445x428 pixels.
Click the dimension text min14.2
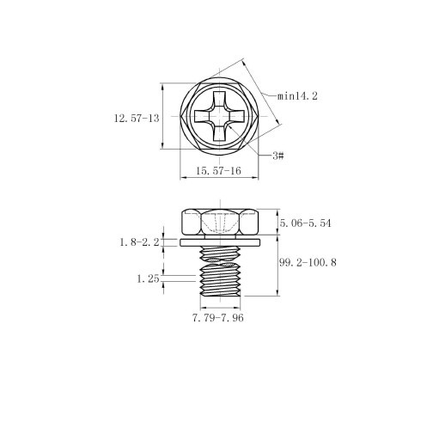tap(297, 96)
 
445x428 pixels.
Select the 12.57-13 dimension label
tap(137, 119)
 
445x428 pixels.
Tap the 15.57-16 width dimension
tap(218, 171)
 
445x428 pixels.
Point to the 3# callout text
tap(278, 156)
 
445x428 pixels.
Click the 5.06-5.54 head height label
tap(305, 223)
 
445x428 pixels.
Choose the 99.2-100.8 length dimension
tap(308, 262)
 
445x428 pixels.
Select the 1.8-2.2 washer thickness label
tap(139, 242)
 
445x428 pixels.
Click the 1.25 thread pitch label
tap(148, 278)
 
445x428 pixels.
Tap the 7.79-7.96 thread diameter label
tap(218, 318)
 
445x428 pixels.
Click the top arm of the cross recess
tap(220, 98)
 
